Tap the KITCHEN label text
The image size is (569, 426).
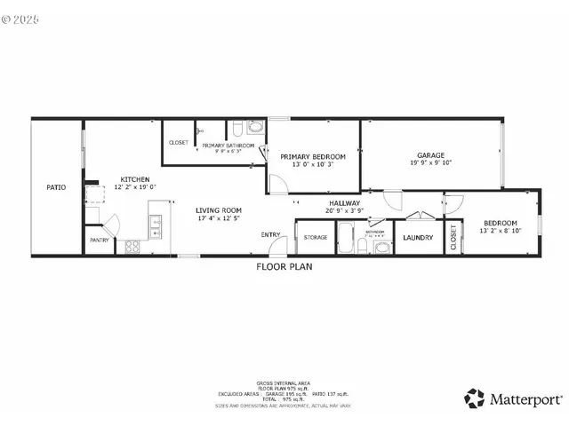point(134,179)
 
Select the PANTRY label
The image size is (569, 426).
point(100,241)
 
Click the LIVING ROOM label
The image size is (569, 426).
point(219,209)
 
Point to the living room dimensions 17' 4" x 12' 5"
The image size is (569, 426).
point(219,217)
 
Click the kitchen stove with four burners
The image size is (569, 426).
point(135,246)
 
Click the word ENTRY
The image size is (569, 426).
point(270,234)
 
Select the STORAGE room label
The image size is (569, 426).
point(316,238)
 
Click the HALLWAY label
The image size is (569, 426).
point(344,203)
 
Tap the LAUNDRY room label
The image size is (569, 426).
point(417,238)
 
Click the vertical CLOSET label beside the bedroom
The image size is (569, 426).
point(453,236)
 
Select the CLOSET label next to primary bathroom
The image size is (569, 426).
point(179,143)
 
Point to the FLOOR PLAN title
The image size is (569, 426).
point(284,266)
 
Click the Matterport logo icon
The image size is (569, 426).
point(476,397)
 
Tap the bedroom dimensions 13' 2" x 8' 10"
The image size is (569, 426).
point(500,231)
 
